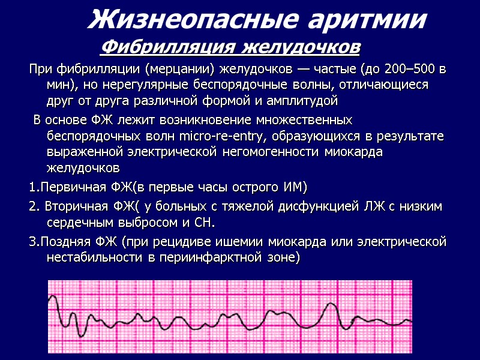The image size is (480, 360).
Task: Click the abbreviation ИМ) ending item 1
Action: tap(295, 188)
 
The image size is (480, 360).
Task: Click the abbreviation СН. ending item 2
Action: tap(204, 223)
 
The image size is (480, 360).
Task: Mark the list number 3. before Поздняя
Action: tap(34, 242)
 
